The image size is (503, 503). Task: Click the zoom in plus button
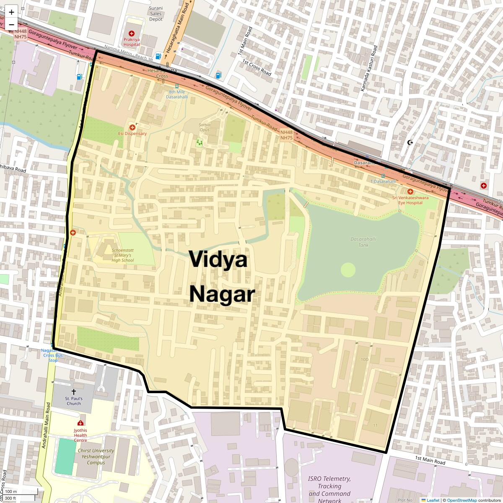[x=11, y=12]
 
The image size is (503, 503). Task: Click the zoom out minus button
[x=11, y=24]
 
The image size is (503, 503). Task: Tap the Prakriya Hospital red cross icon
[x=132, y=33]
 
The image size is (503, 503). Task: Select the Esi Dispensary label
[x=132, y=134]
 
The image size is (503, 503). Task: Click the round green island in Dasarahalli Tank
[x=348, y=270]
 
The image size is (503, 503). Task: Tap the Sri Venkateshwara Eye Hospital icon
[x=410, y=192]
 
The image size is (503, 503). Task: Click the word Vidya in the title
[x=218, y=259]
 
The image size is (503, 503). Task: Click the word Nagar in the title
[x=222, y=294]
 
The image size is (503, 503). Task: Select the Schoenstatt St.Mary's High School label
[x=122, y=255]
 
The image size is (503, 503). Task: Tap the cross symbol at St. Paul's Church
[x=74, y=391]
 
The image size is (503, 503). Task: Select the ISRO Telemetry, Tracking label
[x=329, y=482]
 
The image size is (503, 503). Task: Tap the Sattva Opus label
[x=204, y=127]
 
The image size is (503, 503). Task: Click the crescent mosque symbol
[x=410, y=143]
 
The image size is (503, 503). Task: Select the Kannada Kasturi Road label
[x=369, y=68]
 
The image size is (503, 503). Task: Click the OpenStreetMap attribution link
[x=462, y=500]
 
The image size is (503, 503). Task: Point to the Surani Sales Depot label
[x=156, y=13]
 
